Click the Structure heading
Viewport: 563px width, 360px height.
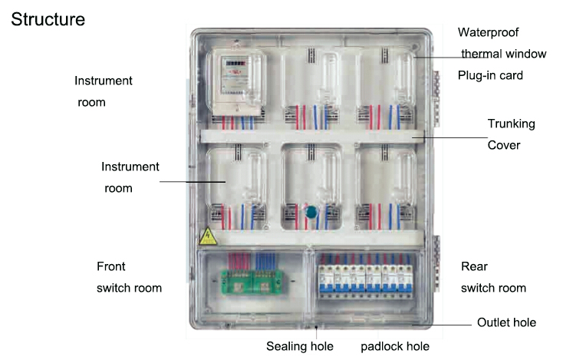tap(48, 19)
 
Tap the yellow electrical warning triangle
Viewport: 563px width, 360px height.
tap(206, 236)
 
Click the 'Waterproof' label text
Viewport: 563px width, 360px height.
tap(489, 32)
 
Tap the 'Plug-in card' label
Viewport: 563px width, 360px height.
tap(490, 75)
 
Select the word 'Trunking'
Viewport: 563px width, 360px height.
tap(512, 124)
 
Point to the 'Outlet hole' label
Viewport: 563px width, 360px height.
tap(506, 322)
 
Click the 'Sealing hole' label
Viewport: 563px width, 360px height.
tap(300, 346)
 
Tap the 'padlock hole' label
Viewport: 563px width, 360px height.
tap(395, 346)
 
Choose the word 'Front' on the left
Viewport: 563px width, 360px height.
tap(111, 266)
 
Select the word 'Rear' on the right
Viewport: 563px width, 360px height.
tap(474, 266)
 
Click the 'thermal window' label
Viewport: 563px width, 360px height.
tap(504, 54)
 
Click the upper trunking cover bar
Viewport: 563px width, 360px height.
tap(311, 137)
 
